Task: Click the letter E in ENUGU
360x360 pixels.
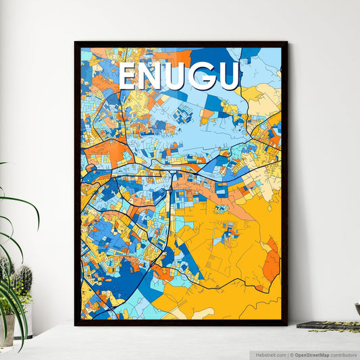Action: click(x=129, y=77)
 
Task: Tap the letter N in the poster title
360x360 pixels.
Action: click(x=153, y=77)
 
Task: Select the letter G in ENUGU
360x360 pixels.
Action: click(x=203, y=77)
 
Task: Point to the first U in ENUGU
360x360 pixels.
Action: click(x=178, y=77)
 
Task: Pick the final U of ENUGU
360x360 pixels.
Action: click(x=228, y=77)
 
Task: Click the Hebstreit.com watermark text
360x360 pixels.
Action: click(x=269, y=354)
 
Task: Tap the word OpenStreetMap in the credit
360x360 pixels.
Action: click(x=309, y=354)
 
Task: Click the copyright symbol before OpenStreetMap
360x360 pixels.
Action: click(x=290, y=354)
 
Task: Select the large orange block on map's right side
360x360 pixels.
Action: click(x=271, y=257)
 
